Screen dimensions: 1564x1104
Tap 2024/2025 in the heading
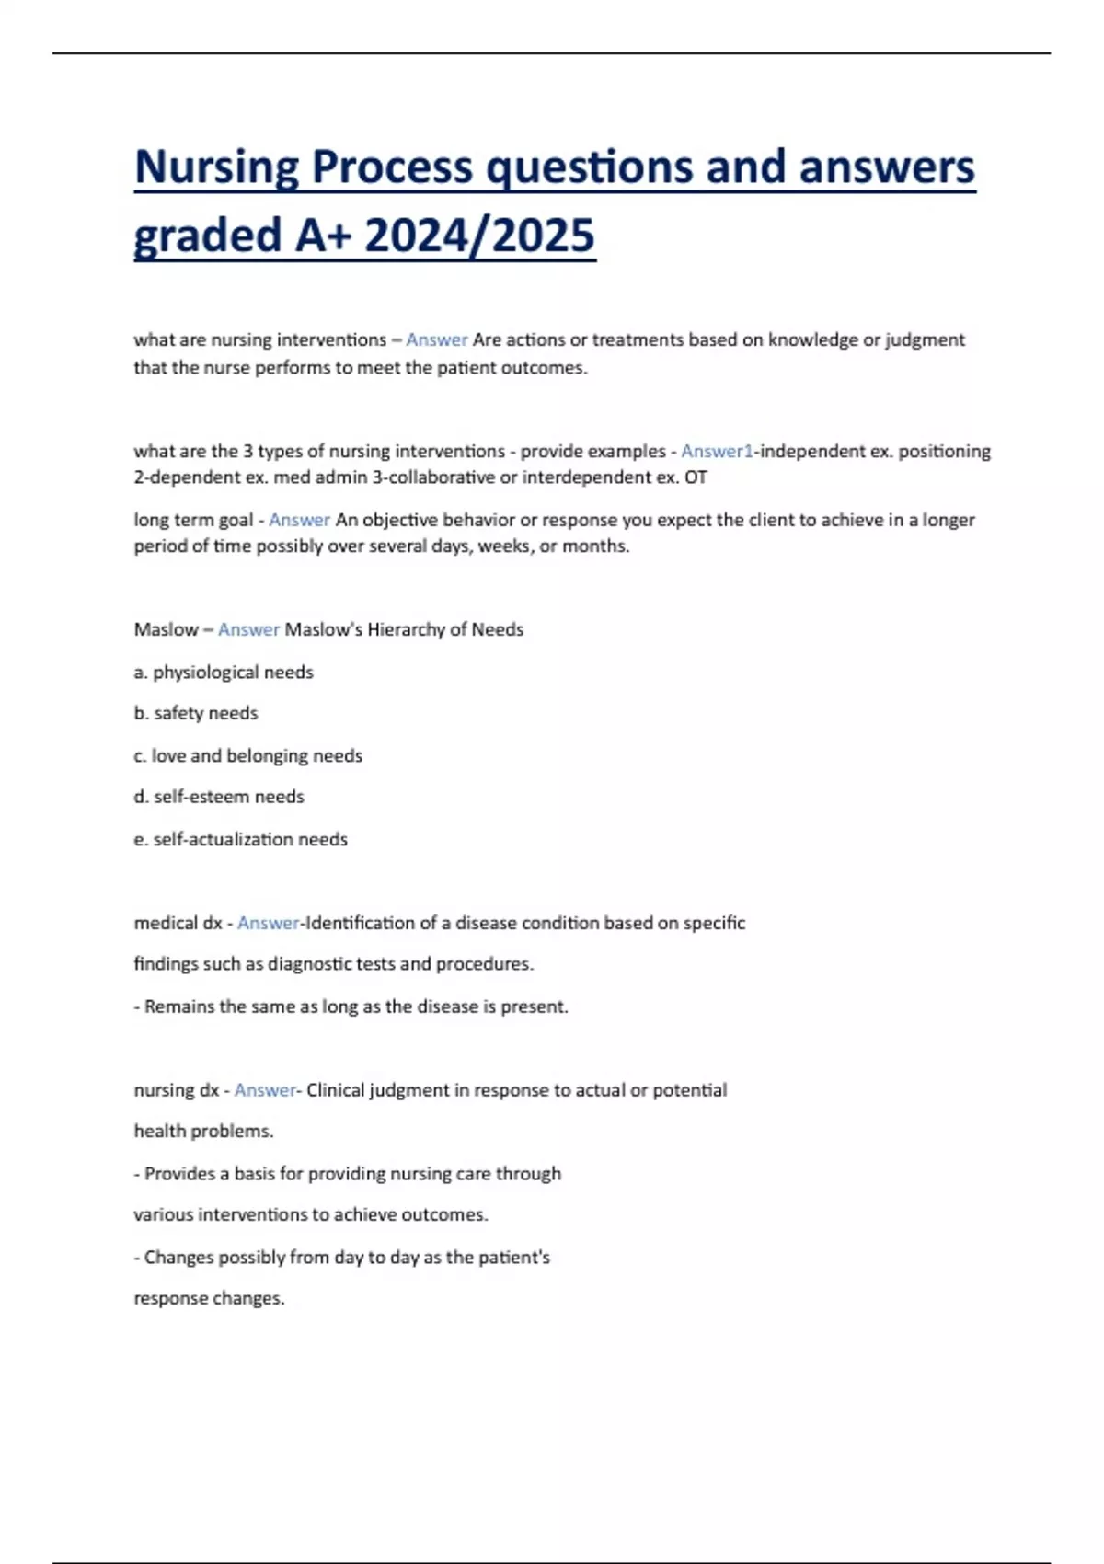(479, 236)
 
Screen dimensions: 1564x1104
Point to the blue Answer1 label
(717, 451)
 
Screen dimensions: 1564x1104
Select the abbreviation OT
(696, 477)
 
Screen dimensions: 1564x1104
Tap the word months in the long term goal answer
(603, 546)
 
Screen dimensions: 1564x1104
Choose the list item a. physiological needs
(224, 672)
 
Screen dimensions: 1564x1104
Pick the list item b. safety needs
(196, 713)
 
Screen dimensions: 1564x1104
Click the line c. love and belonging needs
(247, 755)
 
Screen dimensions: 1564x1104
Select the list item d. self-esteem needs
(219, 797)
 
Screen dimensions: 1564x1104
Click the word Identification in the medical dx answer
(360, 923)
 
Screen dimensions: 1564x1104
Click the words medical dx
(178, 923)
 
